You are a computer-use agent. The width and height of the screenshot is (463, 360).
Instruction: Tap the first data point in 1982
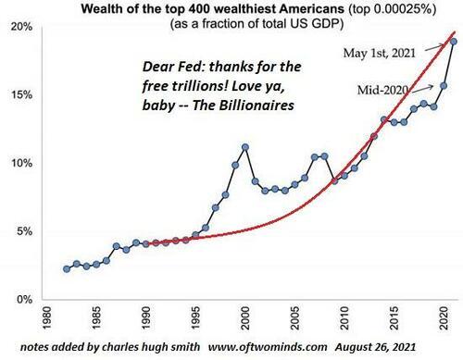pyautogui.click(x=67, y=269)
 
